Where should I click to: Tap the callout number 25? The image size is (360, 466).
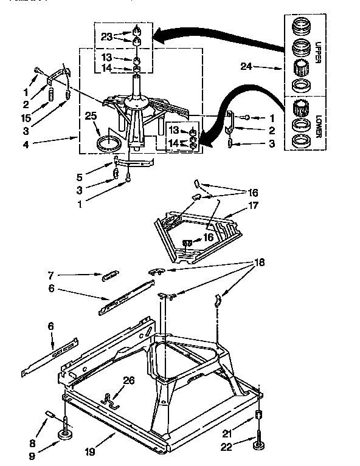(91, 115)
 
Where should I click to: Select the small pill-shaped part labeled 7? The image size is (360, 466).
(110, 275)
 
